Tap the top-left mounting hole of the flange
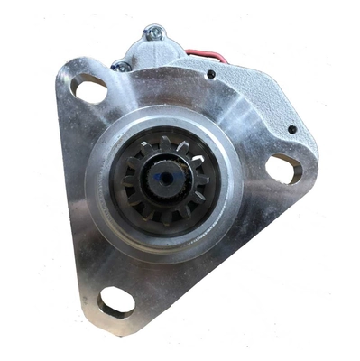pyautogui.click(x=90, y=88)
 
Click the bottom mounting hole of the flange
pyautogui.click(x=116, y=301)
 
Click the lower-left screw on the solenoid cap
pyautogui.click(x=117, y=65)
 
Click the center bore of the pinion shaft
pyautogui.click(x=165, y=177)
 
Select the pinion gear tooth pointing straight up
pyautogui.click(x=165, y=141)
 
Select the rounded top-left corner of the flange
pyautogui.click(x=68, y=72)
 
